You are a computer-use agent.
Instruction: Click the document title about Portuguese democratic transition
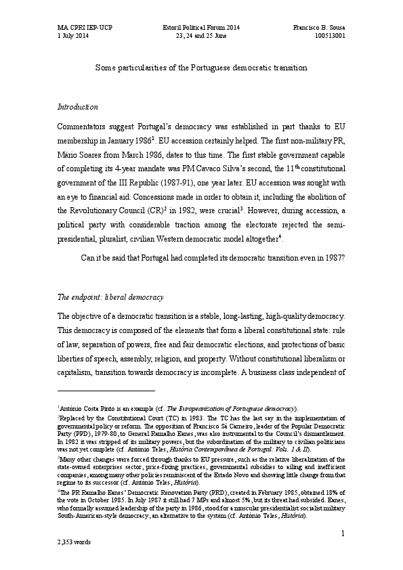[x=201, y=68]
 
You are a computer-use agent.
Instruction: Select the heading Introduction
[x=78, y=107]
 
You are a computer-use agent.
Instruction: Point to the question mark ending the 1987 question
[x=344, y=257]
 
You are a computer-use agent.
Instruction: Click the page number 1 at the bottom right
[x=343, y=534]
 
